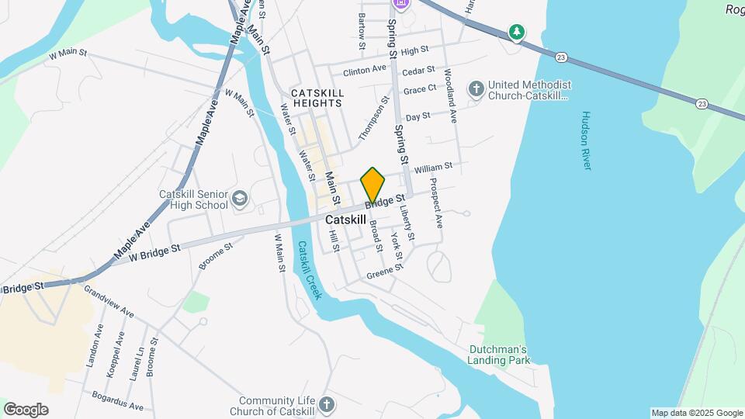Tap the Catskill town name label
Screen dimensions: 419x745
click(x=345, y=220)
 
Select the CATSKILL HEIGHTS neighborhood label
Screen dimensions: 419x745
click(x=317, y=98)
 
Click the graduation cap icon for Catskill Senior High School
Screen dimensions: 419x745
click(x=241, y=199)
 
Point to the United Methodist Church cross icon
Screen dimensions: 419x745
click(x=476, y=90)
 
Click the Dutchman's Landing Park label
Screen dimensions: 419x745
click(x=499, y=355)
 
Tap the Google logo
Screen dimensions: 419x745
click(x=26, y=410)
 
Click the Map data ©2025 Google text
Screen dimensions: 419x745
click(x=697, y=413)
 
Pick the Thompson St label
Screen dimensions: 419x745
click(x=373, y=119)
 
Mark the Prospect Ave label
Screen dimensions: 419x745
click(x=436, y=203)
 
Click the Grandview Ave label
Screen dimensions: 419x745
click(x=109, y=303)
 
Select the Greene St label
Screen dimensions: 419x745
click(x=386, y=271)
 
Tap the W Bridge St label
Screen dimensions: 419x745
click(x=155, y=251)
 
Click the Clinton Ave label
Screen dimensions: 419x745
click(x=364, y=70)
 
